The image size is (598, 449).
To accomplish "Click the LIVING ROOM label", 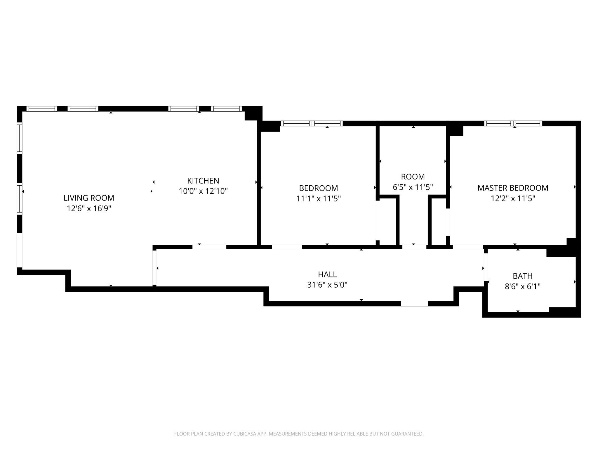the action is pyautogui.click(x=89, y=198).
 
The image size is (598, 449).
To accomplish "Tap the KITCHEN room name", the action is pyautogui.click(x=203, y=181).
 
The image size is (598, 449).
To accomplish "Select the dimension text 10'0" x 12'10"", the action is pyautogui.click(x=203, y=191).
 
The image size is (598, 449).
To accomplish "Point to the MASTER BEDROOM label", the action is pyautogui.click(x=513, y=188).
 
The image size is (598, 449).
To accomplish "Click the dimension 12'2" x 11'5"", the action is pyautogui.click(x=513, y=198).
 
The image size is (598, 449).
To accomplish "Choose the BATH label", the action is pyautogui.click(x=523, y=276).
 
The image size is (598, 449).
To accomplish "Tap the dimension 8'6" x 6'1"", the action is pyautogui.click(x=523, y=286).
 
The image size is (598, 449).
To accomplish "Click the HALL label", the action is pyautogui.click(x=327, y=274).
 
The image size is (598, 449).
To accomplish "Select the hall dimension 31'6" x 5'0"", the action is pyautogui.click(x=327, y=285).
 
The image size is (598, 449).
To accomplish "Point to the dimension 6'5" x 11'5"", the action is pyautogui.click(x=413, y=187).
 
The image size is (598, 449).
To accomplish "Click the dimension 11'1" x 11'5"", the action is pyautogui.click(x=319, y=198).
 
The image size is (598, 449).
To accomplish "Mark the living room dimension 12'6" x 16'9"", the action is pyautogui.click(x=89, y=208).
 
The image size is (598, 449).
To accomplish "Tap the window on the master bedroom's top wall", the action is pyautogui.click(x=513, y=123).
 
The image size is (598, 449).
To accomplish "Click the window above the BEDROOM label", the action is pyautogui.click(x=312, y=123).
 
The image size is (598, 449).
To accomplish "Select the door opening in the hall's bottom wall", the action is pyautogui.click(x=414, y=304).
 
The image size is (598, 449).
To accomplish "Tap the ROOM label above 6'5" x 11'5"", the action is pyautogui.click(x=413, y=177).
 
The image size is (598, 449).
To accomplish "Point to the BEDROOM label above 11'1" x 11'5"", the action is pyautogui.click(x=319, y=188).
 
